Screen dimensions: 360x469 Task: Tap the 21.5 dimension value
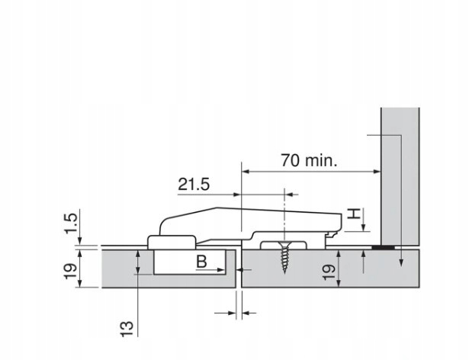point(194,184)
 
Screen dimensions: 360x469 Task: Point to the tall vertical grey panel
point(400,175)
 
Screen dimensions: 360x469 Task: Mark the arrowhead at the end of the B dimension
point(224,269)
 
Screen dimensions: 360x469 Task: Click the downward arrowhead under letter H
point(365,228)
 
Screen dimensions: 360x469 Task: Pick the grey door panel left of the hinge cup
point(114,267)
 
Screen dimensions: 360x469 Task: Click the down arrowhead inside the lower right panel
point(400,264)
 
